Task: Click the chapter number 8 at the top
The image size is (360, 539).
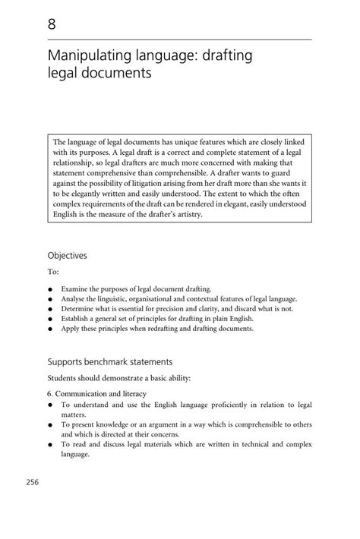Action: (x=52, y=24)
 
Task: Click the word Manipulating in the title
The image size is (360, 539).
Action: (x=87, y=57)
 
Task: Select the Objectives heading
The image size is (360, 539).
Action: (x=67, y=256)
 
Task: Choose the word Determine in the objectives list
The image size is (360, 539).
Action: (x=79, y=309)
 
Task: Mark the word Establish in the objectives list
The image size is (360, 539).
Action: (x=77, y=319)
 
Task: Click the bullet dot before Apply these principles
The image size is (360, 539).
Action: (x=49, y=329)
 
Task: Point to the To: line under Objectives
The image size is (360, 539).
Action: (x=52, y=272)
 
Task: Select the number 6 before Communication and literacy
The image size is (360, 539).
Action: (x=49, y=393)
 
